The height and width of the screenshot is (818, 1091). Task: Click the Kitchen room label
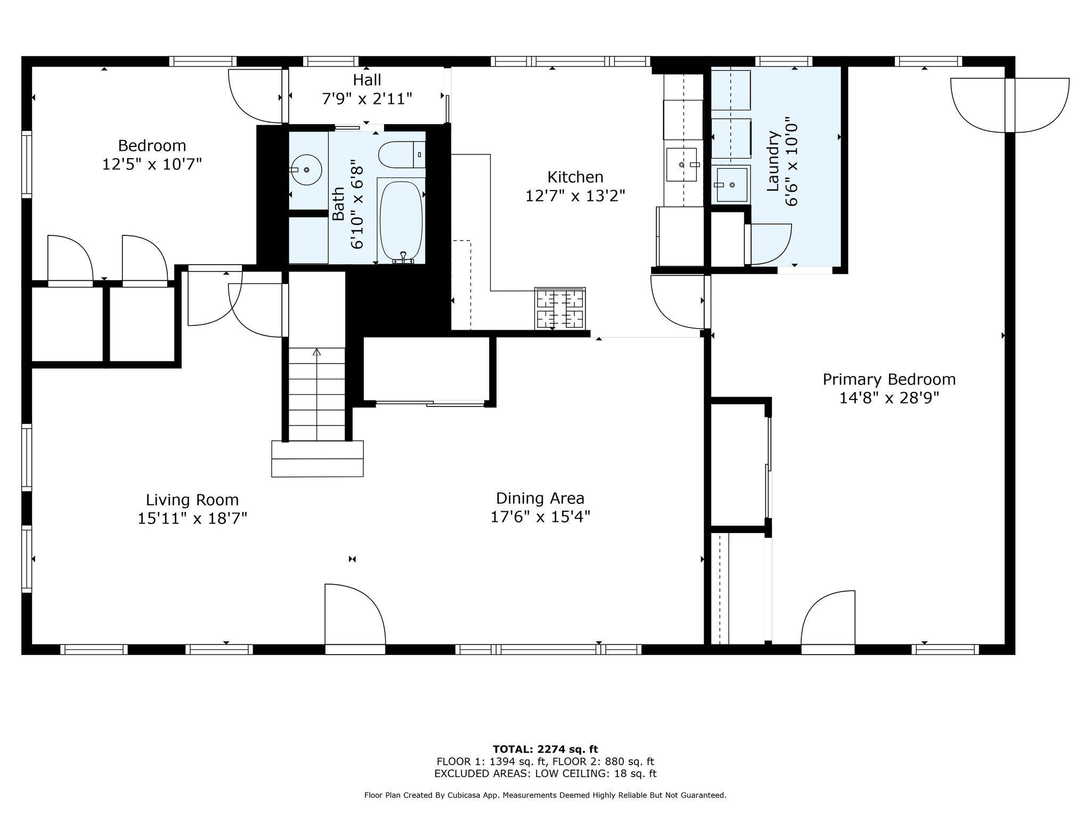point(575,177)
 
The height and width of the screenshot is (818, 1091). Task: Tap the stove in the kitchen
point(559,308)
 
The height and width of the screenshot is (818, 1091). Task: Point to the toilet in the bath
point(401,154)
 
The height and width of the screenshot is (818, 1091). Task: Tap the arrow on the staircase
point(317,353)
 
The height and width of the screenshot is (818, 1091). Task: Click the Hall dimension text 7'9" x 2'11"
point(367,99)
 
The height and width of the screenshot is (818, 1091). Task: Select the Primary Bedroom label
point(889,379)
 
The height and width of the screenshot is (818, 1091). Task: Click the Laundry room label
point(773,161)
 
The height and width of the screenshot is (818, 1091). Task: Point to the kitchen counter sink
point(682,165)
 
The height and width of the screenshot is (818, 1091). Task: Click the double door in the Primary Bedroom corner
point(1009,104)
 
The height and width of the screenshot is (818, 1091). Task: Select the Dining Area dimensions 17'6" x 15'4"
point(540,517)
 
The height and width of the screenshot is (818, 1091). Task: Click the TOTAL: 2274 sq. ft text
point(545,749)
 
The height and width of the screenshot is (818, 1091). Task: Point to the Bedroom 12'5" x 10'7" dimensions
point(152,164)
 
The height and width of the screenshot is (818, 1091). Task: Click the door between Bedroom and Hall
point(255,96)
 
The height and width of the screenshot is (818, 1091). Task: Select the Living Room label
point(192,500)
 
